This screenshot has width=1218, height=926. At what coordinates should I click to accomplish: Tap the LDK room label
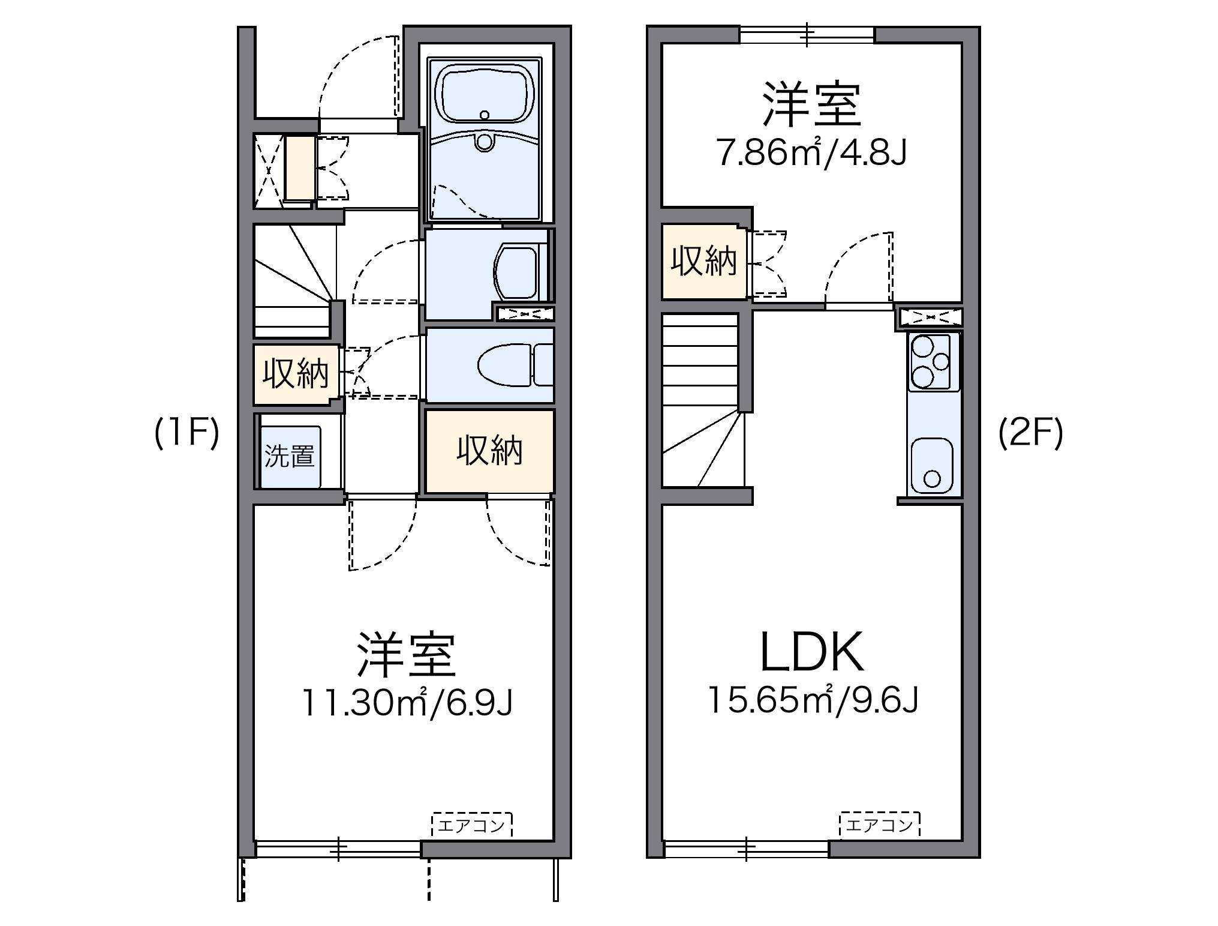coord(812,652)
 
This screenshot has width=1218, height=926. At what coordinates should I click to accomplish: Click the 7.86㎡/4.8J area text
coord(812,154)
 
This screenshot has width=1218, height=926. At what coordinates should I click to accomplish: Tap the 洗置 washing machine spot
coord(290,456)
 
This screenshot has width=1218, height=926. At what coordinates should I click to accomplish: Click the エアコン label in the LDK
coord(879,825)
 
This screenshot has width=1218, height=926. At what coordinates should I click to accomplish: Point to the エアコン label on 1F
coord(471,825)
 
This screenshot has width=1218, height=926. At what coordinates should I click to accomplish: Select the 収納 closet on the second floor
coord(703,262)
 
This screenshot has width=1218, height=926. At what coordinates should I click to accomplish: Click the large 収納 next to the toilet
coord(489,450)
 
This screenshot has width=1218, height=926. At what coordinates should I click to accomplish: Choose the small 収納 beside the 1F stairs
coord(296,374)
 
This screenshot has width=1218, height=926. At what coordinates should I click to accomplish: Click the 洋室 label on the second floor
coord(812,106)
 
